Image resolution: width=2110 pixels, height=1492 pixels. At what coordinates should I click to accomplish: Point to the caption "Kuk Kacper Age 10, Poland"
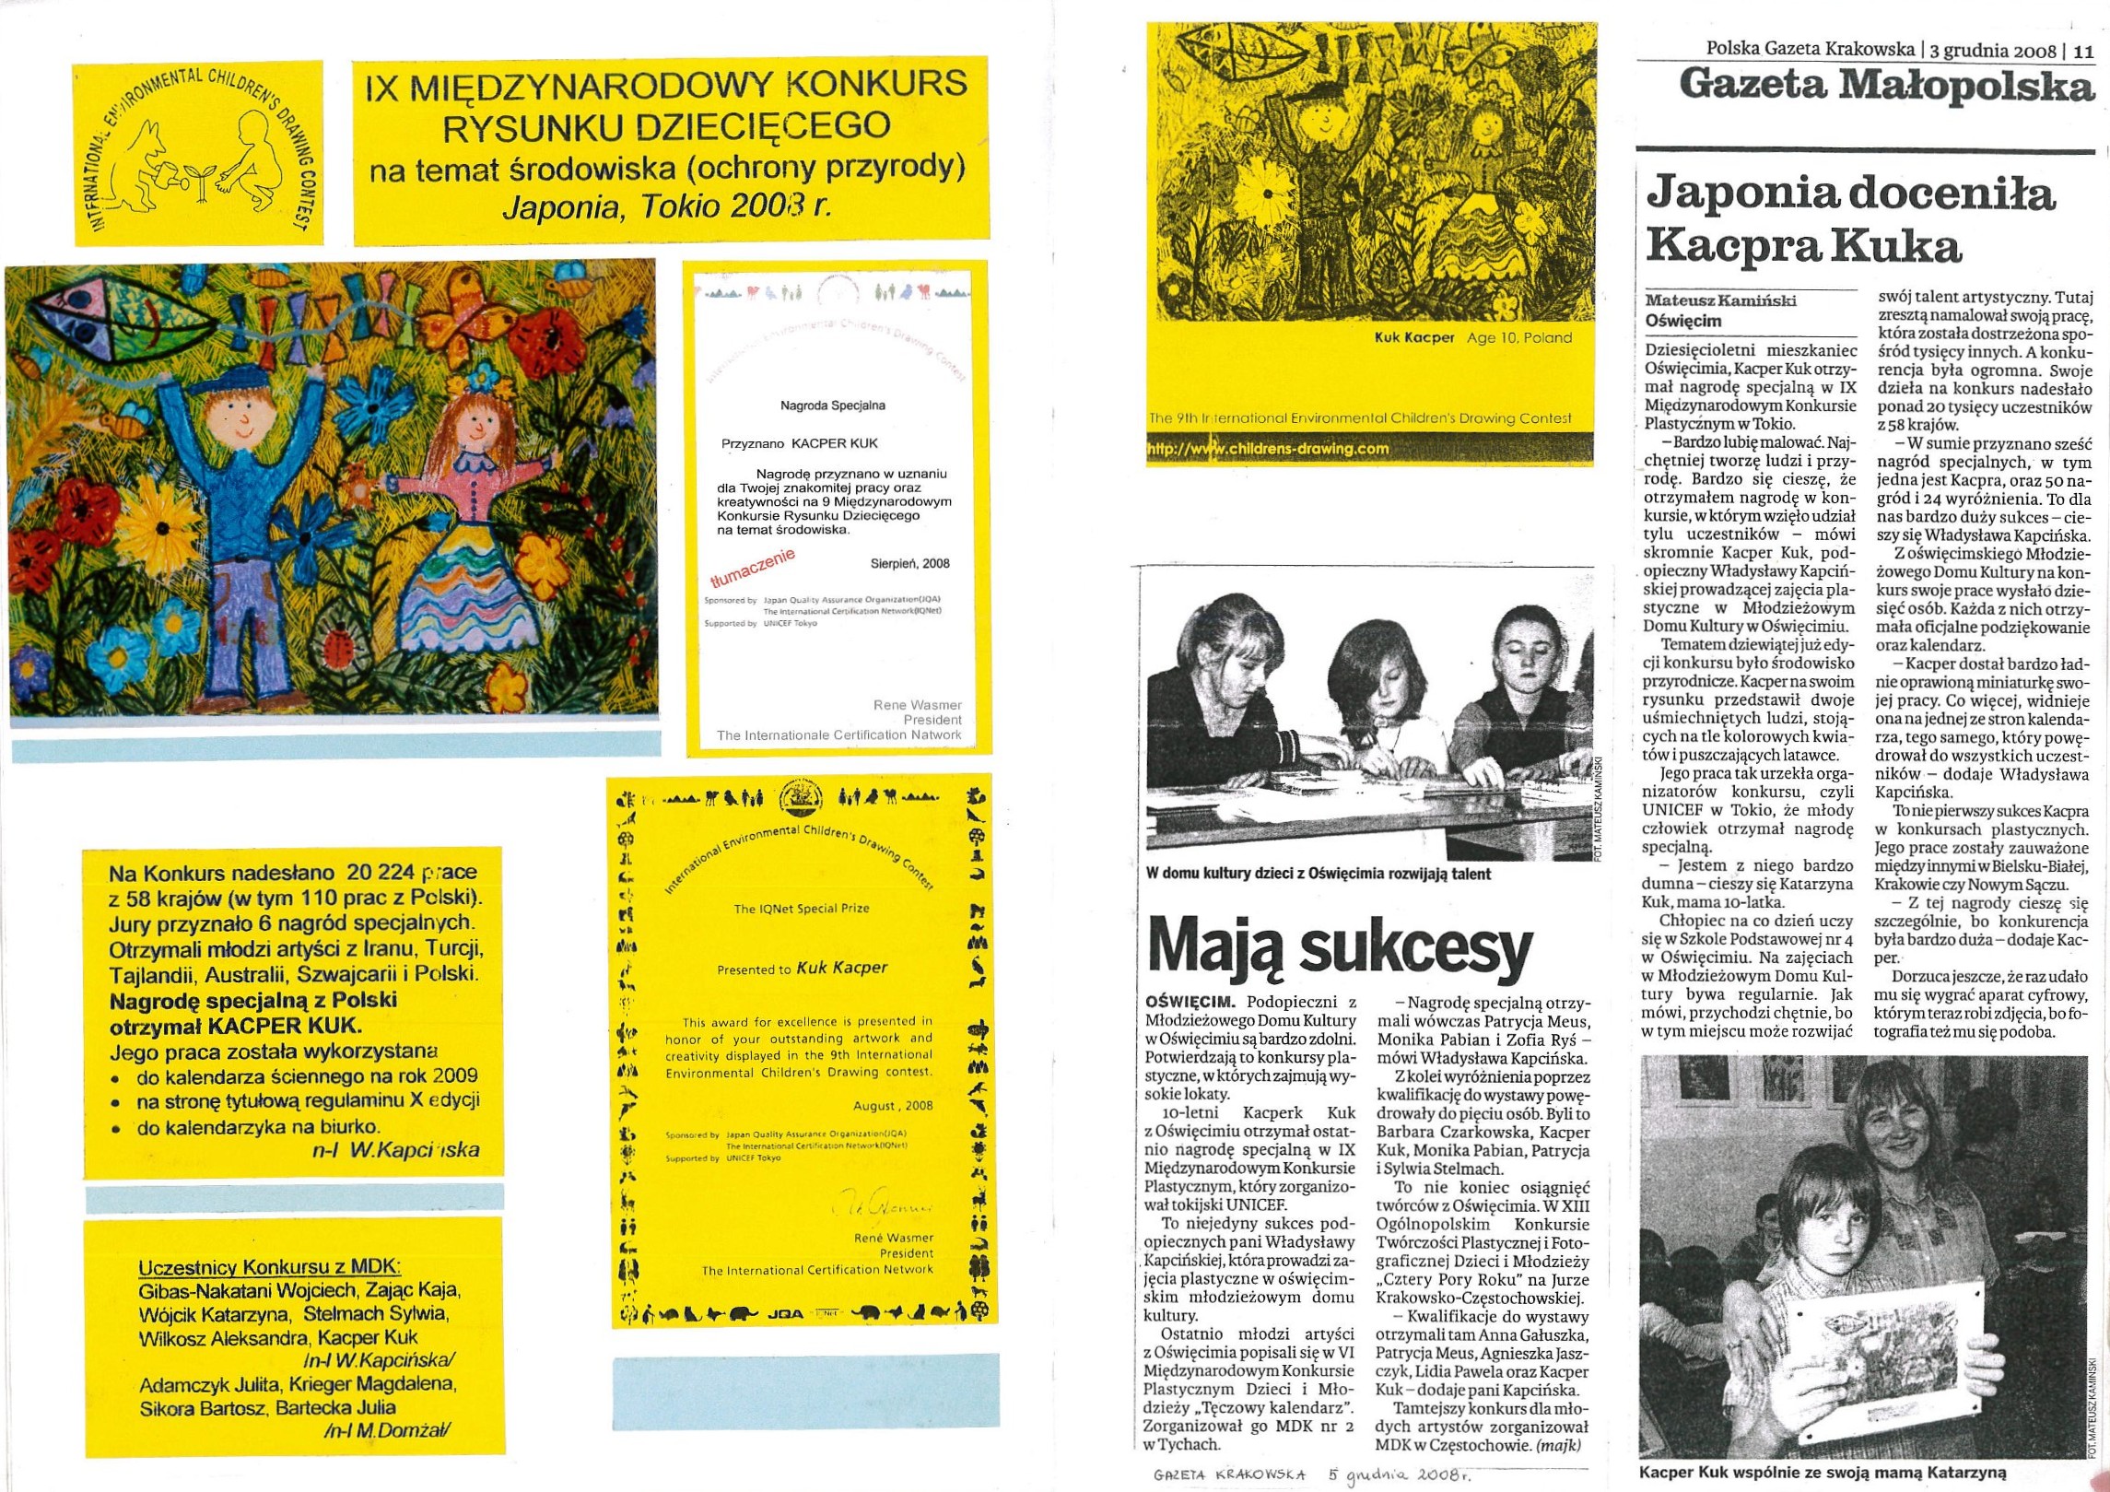click(1472, 337)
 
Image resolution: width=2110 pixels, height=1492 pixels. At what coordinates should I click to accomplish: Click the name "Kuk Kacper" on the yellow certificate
click(841, 968)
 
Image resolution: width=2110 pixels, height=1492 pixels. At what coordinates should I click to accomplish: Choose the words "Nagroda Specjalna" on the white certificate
click(832, 405)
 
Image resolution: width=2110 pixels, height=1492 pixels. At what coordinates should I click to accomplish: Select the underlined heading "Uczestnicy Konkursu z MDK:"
click(270, 1268)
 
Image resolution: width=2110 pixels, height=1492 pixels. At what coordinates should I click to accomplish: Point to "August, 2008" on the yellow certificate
click(892, 1106)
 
